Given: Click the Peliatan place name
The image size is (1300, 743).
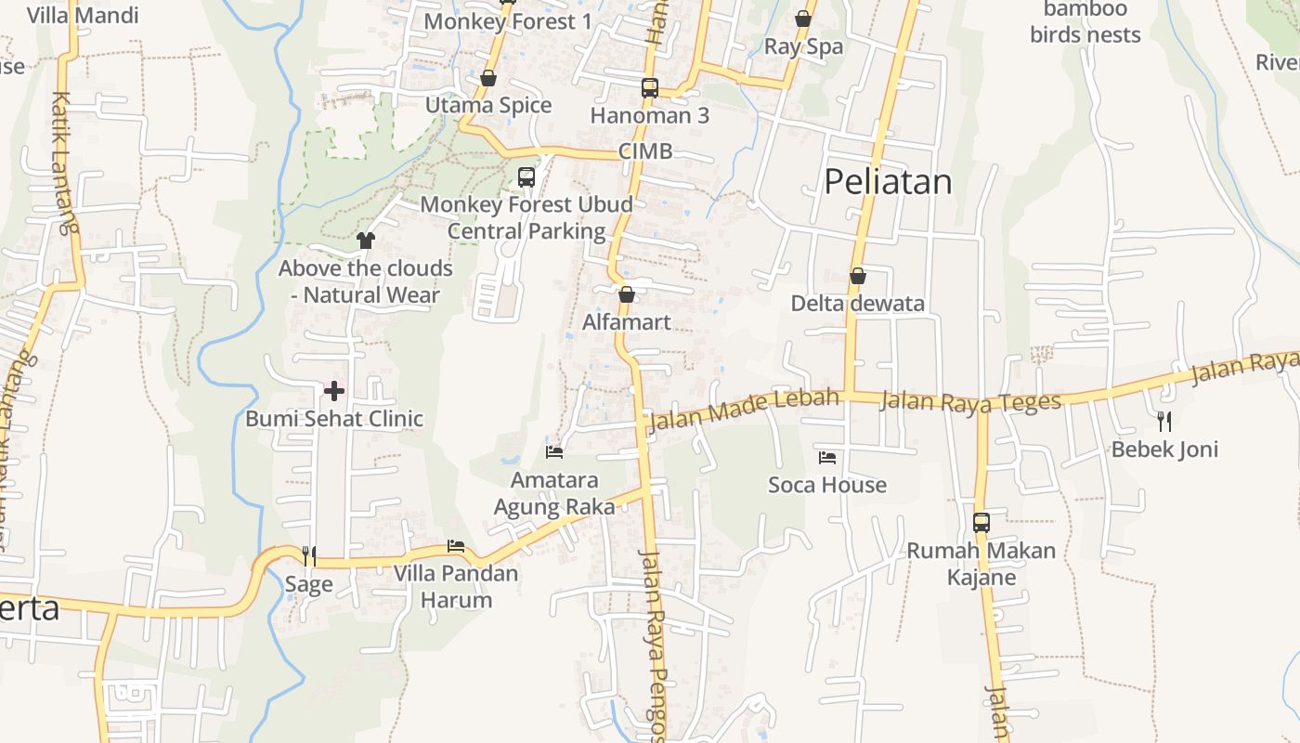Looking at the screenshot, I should click(888, 181).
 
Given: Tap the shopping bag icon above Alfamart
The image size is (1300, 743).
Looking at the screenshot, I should click(627, 294).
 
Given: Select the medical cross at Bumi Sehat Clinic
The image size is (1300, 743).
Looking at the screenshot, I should click(334, 391).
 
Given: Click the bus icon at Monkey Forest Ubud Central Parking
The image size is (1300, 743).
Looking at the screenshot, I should click(526, 176).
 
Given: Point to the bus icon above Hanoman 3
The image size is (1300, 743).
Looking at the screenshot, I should click(650, 88).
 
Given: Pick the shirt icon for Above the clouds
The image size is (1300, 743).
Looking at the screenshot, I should click(365, 241).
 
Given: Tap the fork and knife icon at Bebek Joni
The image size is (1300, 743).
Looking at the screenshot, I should click(1164, 422).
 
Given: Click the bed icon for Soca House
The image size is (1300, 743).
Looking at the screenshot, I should click(827, 457).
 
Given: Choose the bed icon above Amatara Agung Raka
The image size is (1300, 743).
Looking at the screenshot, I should click(554, 452).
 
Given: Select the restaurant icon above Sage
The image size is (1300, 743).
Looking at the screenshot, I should click(309, 556).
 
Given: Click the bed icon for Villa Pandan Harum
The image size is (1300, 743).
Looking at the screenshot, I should click(456, 546).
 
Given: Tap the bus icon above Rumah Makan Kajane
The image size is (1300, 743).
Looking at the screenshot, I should click(981, 523).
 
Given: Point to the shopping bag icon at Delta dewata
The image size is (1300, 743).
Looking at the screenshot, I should click(858, 276).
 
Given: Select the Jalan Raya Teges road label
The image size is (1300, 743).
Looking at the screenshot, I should click(969, 402).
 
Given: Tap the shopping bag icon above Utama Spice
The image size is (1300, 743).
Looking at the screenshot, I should click(488, 78).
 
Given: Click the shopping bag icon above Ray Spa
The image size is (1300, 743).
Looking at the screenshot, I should click(803, 19).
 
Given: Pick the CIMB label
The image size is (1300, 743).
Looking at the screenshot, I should click(645, 151).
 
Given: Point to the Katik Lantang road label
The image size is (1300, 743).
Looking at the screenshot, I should click(63, 163).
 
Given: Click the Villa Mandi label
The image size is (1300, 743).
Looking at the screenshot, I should click(83, 16).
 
